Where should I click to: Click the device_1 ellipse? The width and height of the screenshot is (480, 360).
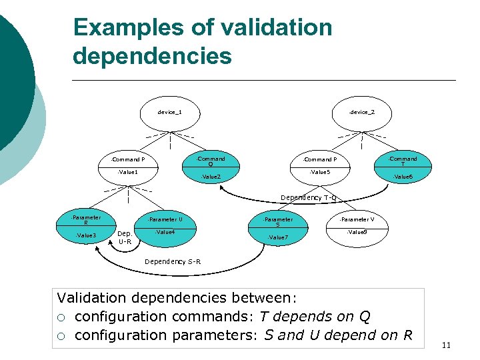(x=169, y=112)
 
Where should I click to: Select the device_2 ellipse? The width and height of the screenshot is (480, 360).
(x=361, y=112)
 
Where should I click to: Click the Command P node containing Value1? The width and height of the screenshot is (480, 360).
(x=127, y=166)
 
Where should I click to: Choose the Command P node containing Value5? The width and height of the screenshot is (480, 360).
(x=319, y=166)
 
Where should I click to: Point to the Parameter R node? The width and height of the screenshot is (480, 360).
(x=86, y=226)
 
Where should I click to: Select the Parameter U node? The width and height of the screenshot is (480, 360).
(x=164, y=225)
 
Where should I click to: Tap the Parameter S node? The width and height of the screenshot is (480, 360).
(x=278, y=227)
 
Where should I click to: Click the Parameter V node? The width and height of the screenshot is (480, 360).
(x=356, y=225)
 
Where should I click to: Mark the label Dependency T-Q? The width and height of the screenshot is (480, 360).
(x=309, y=198)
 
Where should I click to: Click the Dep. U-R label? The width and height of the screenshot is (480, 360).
(x=125, y=237)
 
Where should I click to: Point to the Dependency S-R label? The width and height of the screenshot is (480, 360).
(x=173, y=261)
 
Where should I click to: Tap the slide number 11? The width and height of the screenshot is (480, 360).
(x=446, y=345)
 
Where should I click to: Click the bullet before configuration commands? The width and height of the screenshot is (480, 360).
(x=62, y=317)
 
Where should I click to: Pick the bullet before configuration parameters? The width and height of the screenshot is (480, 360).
(x=62, y=335)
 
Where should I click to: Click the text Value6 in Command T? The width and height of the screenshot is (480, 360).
(x=403, y=177)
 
